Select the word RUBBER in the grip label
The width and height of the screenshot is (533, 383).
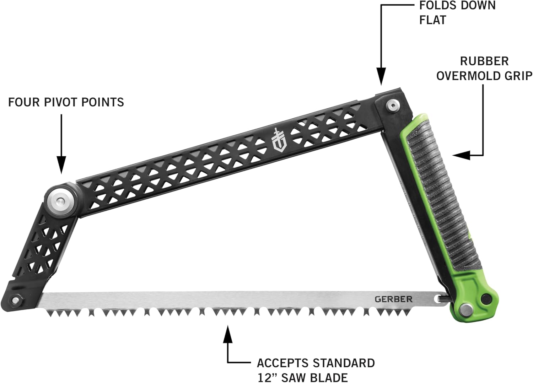pyautogui.click(x=484, y=61)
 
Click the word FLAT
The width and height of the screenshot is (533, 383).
pyautogui.click(x=432, y=20)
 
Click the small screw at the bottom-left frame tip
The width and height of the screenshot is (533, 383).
pyautogui.click(x=15, y=300)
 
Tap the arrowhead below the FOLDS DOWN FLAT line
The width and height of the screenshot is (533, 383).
pyautogui.click(x=381, y=77)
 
